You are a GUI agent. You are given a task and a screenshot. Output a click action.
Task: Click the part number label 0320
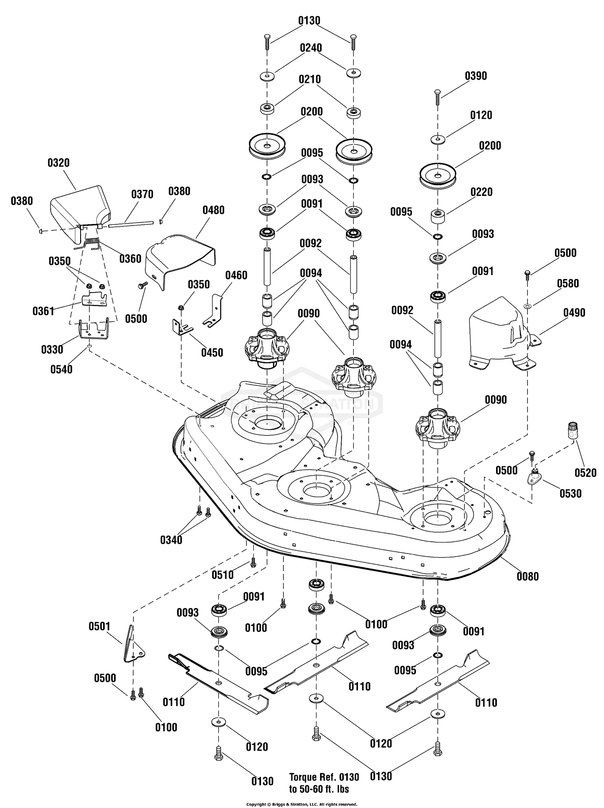[x=58, y=163]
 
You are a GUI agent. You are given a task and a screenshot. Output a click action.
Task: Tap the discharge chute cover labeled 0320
[x=81, y=205]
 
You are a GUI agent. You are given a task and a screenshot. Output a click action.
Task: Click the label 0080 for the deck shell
[x=527, y=576]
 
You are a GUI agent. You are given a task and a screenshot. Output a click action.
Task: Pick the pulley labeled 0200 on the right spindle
[x=439, y=176]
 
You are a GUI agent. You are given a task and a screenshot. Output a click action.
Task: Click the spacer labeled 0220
[x=437, y=216]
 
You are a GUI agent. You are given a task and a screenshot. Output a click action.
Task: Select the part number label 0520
[x=585, y=472]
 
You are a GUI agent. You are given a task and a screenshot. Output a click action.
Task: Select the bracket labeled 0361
[x=94, y=301]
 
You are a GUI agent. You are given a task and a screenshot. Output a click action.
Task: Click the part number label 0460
[x=236, y=276]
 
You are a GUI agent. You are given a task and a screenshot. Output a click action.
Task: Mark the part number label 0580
[x=568, y=283]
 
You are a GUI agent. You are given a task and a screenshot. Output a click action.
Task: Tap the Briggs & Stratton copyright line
[x=302, y=804]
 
